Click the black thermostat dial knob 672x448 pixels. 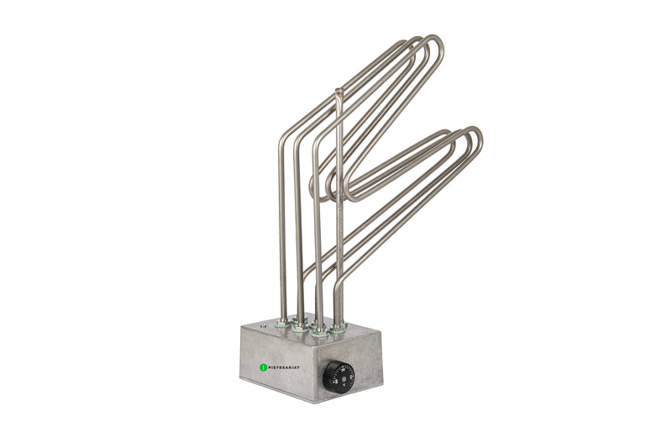(x=339, y=377)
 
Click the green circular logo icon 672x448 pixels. (x=263, y=367)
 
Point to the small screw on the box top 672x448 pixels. (x=263, y=323)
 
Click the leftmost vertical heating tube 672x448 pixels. (x=282, y=235)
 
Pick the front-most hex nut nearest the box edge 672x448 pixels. (x=319, y=333)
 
